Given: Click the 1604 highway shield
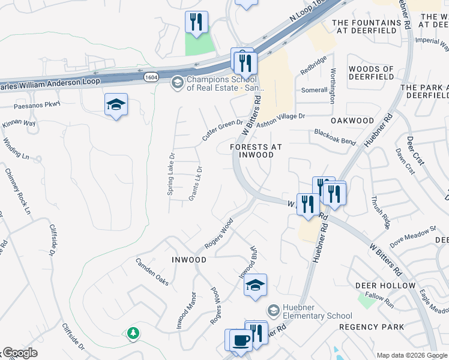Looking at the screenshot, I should click(x=151, y=77).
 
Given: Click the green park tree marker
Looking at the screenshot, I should click(x=132, y=332).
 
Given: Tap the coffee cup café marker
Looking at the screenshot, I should click(x=241, y=340).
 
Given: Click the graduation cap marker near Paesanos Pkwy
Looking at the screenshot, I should click(x=116, y=105).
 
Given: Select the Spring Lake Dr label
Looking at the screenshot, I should click(x=171, y=175).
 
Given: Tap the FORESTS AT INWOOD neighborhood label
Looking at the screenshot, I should click(x=256, y=151).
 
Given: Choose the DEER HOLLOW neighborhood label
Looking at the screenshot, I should click(x=385, y=286).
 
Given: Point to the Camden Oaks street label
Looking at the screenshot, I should click(x=152, y=272).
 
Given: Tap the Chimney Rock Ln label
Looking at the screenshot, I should click(x=17, y=190).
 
